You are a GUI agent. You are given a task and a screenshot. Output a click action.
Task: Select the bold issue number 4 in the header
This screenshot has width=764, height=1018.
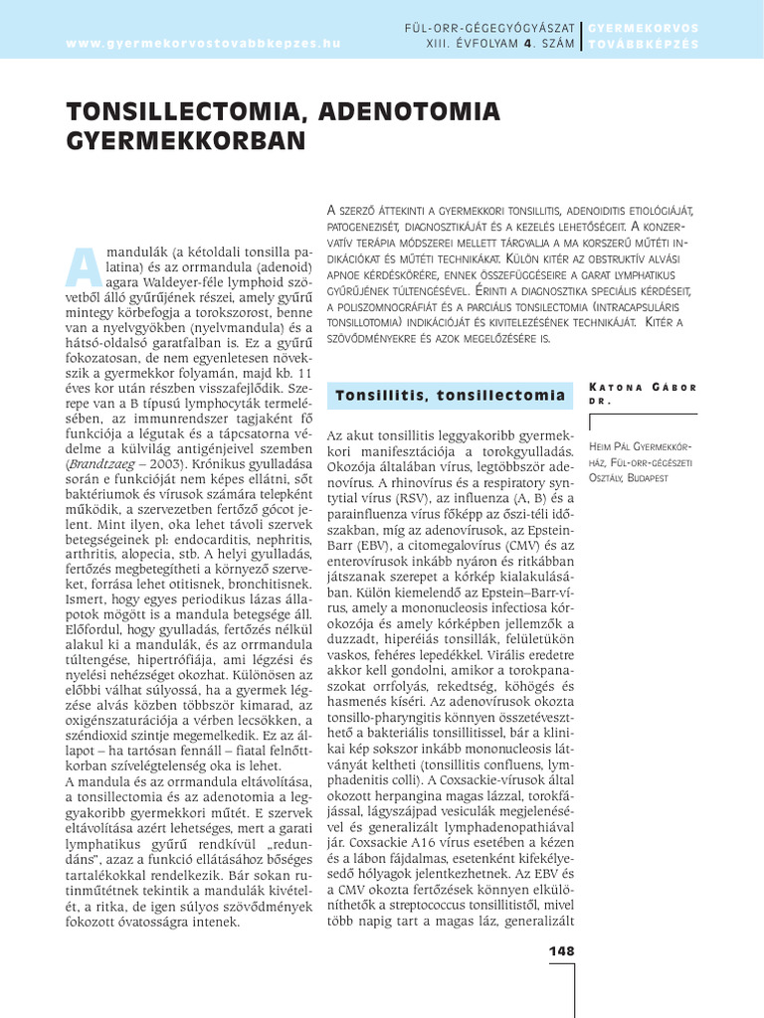click(x=529, y=44)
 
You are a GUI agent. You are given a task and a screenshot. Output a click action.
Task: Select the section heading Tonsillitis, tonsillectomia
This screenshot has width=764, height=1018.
click(x=451, y=396)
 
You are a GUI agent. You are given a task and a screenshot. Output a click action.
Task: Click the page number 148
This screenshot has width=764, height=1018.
click(x=562, y=951)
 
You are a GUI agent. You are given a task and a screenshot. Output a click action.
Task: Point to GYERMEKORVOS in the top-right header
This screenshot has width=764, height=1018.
click(x=644, y=27)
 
